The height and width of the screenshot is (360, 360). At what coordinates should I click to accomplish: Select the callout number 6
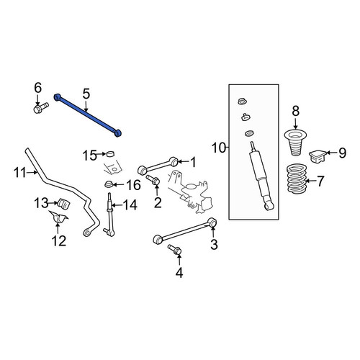tap(37, 88)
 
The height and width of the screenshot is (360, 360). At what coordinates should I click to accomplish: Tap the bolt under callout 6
tap(41, 108)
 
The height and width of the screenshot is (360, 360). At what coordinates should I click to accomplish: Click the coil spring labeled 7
tap(297, 178)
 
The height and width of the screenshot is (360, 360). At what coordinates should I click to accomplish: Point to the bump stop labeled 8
tap(295, 143)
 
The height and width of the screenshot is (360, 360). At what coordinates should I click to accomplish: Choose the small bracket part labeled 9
tap(318, 156)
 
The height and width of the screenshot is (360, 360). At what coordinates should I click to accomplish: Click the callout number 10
tap(219, 148)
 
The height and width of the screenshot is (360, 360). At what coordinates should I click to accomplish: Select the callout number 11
tap(19, 172)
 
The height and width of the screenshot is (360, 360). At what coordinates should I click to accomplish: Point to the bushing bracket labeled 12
tap(58, 217)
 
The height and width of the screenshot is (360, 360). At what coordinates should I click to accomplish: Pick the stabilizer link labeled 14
tap(109, 215)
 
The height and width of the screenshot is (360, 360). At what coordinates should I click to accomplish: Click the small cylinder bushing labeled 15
tap(110, 154)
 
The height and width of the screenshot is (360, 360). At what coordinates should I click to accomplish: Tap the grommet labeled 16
tap(109, 184)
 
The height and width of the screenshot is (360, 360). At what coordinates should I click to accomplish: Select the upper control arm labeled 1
tap(158, 166)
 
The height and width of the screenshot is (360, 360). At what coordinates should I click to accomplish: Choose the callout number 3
tap(214, 244)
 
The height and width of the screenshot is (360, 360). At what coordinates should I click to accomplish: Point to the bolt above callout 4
tap(175, 250)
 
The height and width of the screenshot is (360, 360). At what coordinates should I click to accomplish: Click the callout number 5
tap(86, 94)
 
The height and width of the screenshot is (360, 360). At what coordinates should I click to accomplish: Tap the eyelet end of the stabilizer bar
tap(87, 233)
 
